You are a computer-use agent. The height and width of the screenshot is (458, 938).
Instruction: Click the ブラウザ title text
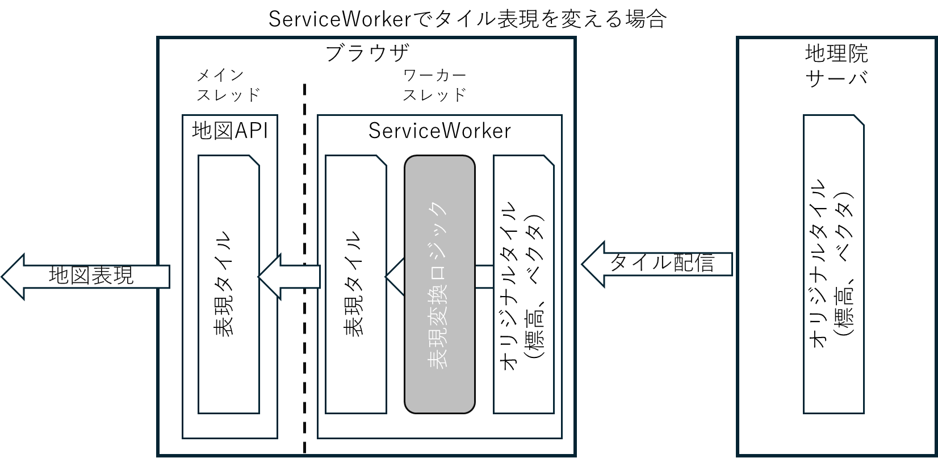pyautogui.click(x=367, y=53)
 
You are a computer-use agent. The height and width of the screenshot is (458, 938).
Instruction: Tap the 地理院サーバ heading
pyautogui.click(x=836, y=65)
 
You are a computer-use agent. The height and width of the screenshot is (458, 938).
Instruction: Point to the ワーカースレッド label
pyautogui.click(x=434, y=85)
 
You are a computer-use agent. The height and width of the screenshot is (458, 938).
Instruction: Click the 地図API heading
pyautogui.click(x=229, y=131)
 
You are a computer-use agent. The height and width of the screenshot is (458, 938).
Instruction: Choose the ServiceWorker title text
pyautogui.click(x=439, y=131)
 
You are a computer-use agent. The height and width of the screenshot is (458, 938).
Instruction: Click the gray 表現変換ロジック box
pyautogui.click(x=439, y=284)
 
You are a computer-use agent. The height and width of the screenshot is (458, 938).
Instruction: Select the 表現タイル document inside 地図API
pyautogui.click(x=228, y=284)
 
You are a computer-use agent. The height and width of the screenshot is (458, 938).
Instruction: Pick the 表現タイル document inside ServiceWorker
pyautogui.click(x=355, y=284)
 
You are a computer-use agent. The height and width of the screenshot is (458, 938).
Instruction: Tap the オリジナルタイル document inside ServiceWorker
pyautogui.click(x=524, y=284)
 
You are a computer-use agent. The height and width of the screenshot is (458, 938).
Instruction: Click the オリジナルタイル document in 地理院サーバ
pyautogui.click(x=834, y=264)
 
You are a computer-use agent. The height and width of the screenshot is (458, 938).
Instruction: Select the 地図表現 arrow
pyautogui.click(x=85, y=276)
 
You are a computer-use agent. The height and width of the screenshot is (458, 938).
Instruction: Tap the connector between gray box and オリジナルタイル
pyautogui.click(x=484, y=276)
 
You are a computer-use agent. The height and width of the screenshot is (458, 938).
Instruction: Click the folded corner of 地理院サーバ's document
pyautogui.click(x=859, y=120)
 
